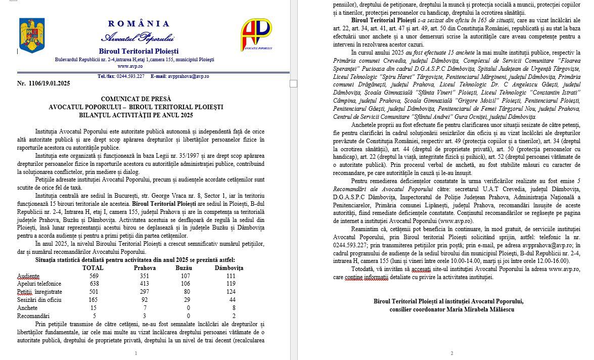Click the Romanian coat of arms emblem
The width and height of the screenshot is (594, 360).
click(x=32, y=35)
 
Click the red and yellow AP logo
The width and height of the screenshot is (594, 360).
click(x=256, y=34)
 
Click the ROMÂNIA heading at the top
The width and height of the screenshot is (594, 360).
click(x=139, y=24)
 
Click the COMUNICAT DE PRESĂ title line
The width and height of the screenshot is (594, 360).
click(x=136, y=99)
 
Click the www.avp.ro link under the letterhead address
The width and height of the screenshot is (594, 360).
click(x=130, y=66)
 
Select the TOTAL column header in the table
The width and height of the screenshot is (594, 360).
click(x=93, y=267)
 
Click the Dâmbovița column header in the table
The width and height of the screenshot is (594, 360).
click(x=229, y=267)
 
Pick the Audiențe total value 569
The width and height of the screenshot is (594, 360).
click(x=94, y=276)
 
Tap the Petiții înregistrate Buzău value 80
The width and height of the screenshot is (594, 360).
click(x=184, y=292)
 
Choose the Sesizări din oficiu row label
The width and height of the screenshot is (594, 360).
click(x=39, y=299)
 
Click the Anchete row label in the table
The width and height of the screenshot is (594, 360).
click(x=27, y=307)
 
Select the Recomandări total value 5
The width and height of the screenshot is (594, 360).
click(x=94, y=316)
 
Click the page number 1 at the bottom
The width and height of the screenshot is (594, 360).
click(x=136, y=353)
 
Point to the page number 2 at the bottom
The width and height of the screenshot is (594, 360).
click(x=451, y=353)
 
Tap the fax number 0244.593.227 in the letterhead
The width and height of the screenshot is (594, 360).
click(x=130, y=76)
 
